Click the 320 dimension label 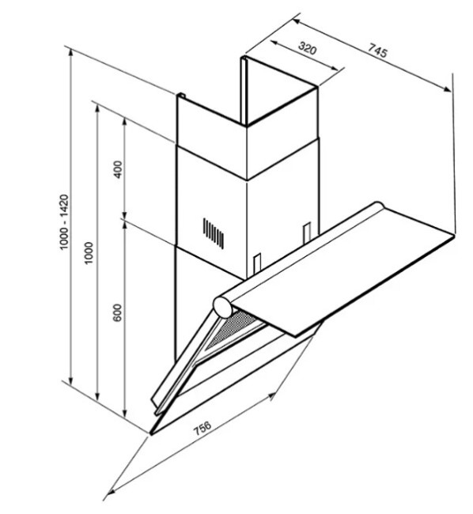coord(308,48)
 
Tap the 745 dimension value coord(377,51)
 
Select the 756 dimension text coord(202,427)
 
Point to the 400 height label coord(117,169)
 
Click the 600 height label coord(117,312)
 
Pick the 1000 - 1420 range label coord(63,222)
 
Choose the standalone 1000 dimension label coord(89,253)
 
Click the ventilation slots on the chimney coord(214,233)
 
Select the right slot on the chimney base coord(307,232)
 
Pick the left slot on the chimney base coord(257,263)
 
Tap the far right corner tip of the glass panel coord(455,234)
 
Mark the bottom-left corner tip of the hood coord(151,434)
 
